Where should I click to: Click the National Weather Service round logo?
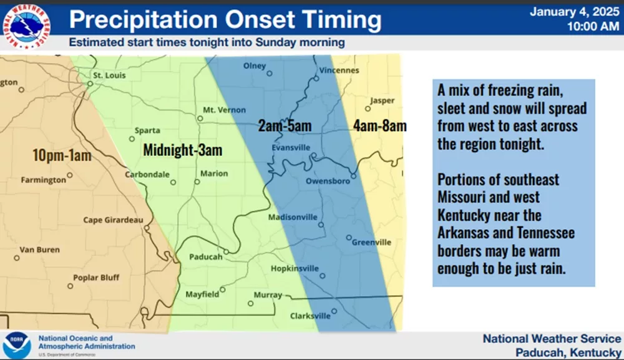26,27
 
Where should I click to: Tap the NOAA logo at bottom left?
17,345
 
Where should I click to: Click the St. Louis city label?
109,75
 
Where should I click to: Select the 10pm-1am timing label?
62,155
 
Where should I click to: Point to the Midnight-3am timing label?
183,150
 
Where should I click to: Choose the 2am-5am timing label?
285,125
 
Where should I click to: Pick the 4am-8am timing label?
379,125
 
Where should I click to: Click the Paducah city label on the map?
206,257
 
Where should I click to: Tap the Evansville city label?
291,148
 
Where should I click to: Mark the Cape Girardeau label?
113,220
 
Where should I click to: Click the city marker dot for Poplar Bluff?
70,286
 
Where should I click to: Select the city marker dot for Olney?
270,74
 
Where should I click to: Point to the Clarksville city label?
310,316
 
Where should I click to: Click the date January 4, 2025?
574,11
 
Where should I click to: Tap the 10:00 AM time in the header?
593,27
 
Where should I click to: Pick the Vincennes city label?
339,71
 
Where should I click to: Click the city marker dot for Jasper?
368,109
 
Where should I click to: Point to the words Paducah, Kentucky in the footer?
568,353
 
